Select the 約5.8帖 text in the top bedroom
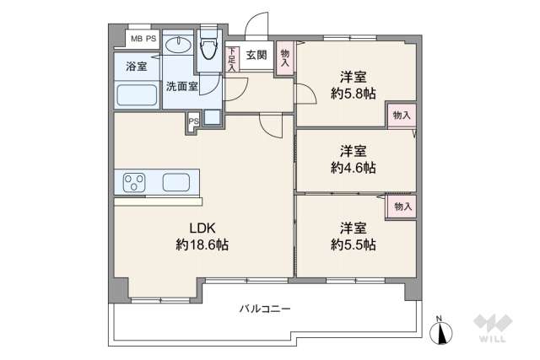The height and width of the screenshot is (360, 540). (353, 93)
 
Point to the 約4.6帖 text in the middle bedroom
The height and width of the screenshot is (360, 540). (353, 167)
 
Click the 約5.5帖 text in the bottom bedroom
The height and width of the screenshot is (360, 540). (353, 244)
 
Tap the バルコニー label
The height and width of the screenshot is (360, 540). (265, 309)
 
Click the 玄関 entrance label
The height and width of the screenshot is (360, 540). (256, 56)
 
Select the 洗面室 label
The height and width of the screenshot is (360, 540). (181, 86)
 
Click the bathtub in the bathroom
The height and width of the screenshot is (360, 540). (138, 94)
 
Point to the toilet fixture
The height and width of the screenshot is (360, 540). (208, 52)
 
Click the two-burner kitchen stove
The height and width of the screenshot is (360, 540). (135, 181)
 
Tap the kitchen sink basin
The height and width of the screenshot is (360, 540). (176, 181)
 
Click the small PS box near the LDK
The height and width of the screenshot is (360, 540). (193, 121)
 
